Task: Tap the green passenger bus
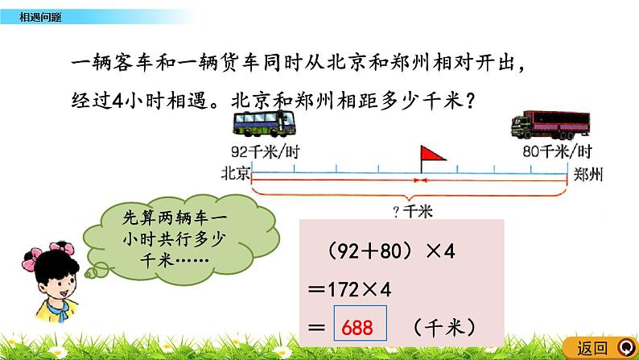(x=263, y=125)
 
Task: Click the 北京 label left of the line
(x=234, y=172)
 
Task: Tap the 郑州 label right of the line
(x=587, y=172)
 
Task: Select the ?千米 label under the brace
(x=414, y=211)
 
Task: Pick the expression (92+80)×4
(x=392, y=251)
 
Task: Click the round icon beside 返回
(x=624, y=347)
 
